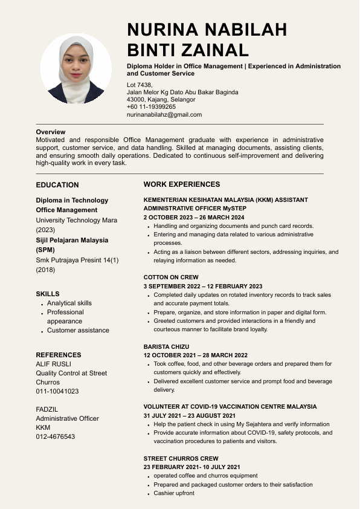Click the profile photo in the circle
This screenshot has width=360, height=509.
tap(76, 68)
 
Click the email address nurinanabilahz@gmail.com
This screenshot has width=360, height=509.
tap(164, 114)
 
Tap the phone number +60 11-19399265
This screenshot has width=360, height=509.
tap(151, 107)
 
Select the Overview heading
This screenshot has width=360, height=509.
tap(51, 132)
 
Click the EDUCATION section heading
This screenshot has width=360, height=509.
tap(57, 185)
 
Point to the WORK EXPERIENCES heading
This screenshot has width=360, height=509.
tap(182, 184)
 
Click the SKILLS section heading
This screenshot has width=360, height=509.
tap(48, 294)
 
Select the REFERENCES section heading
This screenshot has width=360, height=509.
tap(59, 355)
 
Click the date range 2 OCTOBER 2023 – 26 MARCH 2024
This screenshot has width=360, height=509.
tap(194, 217)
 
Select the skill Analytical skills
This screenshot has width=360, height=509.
tap(69, 303)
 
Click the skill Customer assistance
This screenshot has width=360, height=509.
tap(78, 330)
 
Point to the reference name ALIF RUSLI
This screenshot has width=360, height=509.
tap(53, 364)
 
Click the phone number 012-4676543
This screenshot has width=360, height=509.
tap(56, 436)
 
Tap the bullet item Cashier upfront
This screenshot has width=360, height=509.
tap(174, 493)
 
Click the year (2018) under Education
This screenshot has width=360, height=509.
tap(45, 270)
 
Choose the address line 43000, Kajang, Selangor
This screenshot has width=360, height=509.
tap(161, 100)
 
